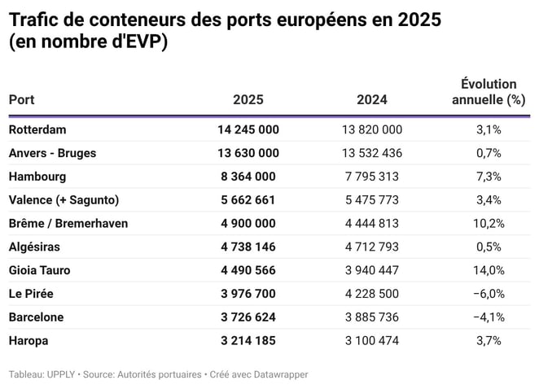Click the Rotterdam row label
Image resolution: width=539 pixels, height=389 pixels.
click(x=37, y=129)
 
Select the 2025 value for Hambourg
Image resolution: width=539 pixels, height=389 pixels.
click(x=248, y=177)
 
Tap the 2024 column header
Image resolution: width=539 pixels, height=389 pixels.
click(x=371, y=100)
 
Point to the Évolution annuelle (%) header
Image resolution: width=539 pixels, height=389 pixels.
click(x=489, y=92)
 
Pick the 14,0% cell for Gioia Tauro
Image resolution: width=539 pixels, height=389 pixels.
click(x=489, y=270)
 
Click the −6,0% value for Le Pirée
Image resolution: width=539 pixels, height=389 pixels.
click(x=489, y=294)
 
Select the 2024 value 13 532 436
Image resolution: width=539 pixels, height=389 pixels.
click(x=371, y=153)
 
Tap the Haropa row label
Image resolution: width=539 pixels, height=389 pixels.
click(x=28, y=341)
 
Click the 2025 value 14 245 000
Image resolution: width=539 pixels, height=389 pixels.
click(x=248, y=129)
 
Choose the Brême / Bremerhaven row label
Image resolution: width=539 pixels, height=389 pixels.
click(x=68, y=223)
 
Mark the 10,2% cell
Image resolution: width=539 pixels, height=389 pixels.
click(x=489, y=223)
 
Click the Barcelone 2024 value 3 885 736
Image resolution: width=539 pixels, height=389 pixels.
click(x=371, y=317)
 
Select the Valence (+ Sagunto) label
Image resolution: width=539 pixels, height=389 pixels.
click(x=64, y=200)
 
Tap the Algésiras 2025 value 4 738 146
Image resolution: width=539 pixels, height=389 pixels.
click(x=248, y=247)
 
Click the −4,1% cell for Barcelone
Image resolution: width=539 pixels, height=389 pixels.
click(x=489, y=317)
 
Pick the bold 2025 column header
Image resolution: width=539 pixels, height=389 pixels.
click(x=248, y=100)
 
